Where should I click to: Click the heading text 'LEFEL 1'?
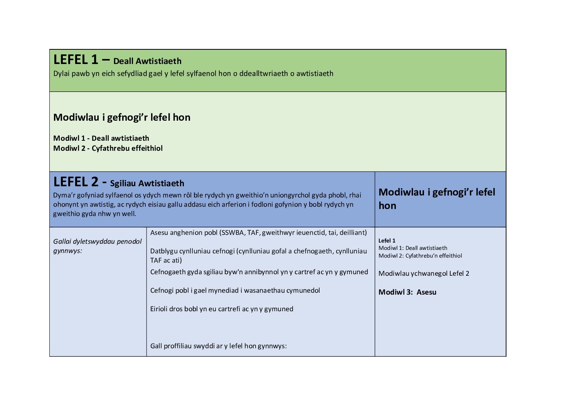[76, 60]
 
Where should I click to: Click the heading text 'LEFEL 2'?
[76, 182]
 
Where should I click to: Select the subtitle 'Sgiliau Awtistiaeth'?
[147, 184]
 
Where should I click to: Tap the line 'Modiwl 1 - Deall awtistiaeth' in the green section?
[101, 138]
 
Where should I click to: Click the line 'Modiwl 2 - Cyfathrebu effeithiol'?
[108, 148]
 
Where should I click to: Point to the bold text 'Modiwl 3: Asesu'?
[407, 292]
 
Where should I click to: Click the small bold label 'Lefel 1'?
[387, 241]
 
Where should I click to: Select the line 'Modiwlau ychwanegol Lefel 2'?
[424, 273]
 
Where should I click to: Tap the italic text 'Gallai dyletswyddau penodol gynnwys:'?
[97, 246]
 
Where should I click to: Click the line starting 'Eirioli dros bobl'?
[222, 309]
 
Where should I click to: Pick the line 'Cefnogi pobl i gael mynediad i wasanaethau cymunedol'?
[235, 290]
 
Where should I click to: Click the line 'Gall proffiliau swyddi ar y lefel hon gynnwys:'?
[218, 346]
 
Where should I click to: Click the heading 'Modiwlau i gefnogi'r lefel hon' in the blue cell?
[436, 199]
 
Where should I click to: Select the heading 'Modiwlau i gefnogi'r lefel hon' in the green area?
[122, 117]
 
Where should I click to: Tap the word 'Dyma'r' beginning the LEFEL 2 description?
[64, 195]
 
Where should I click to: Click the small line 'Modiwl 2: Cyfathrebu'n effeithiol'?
[420, 256]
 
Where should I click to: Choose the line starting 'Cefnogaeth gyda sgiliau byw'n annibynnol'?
[259, 272]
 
